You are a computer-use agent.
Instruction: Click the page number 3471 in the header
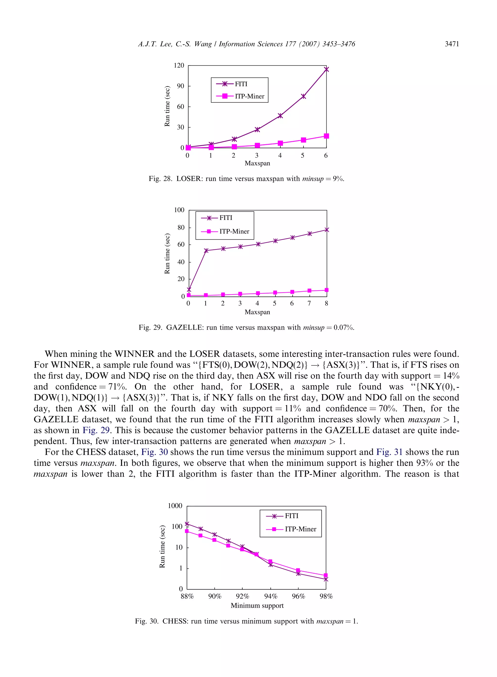[452, 44]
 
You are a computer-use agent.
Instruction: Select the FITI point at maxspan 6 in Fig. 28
[326, 69]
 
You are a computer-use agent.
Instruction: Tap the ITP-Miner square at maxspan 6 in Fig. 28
[326, 136]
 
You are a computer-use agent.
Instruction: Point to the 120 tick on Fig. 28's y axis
[179, 65]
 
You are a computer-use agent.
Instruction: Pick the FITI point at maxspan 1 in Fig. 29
[206, 250]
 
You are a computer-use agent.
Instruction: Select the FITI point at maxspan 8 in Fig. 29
[327, 230]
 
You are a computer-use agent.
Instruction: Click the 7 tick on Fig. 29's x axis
[309, 303]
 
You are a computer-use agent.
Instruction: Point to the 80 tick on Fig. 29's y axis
[181, 227]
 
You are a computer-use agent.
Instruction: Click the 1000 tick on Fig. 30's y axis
[175, 506]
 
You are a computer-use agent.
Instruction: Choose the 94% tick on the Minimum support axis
[270, 596]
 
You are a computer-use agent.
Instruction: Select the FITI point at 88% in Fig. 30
[187, 524]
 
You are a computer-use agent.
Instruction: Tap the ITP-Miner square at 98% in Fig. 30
[325, 575]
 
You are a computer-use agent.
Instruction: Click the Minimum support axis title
[257, 606]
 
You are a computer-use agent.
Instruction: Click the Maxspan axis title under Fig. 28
[257, 163]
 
